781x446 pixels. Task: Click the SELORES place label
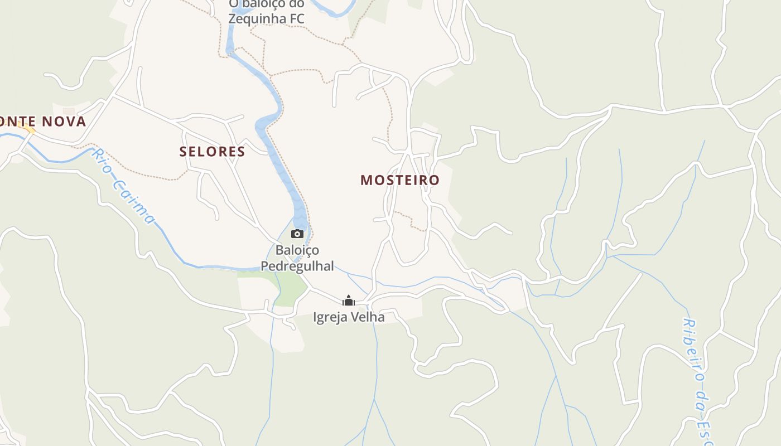point(212,151)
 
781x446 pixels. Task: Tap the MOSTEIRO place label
point(400,180)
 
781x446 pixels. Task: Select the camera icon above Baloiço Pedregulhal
point(297,234)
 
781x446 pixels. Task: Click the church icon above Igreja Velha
point(349,301)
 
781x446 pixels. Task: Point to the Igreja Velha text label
point(349,317)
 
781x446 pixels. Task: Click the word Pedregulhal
point(297,266)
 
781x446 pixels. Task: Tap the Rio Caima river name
point(124,186)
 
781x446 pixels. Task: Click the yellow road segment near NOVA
point(26,129)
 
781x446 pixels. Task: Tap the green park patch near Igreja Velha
point(291,290)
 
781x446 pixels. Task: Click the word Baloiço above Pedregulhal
point(297,250)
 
